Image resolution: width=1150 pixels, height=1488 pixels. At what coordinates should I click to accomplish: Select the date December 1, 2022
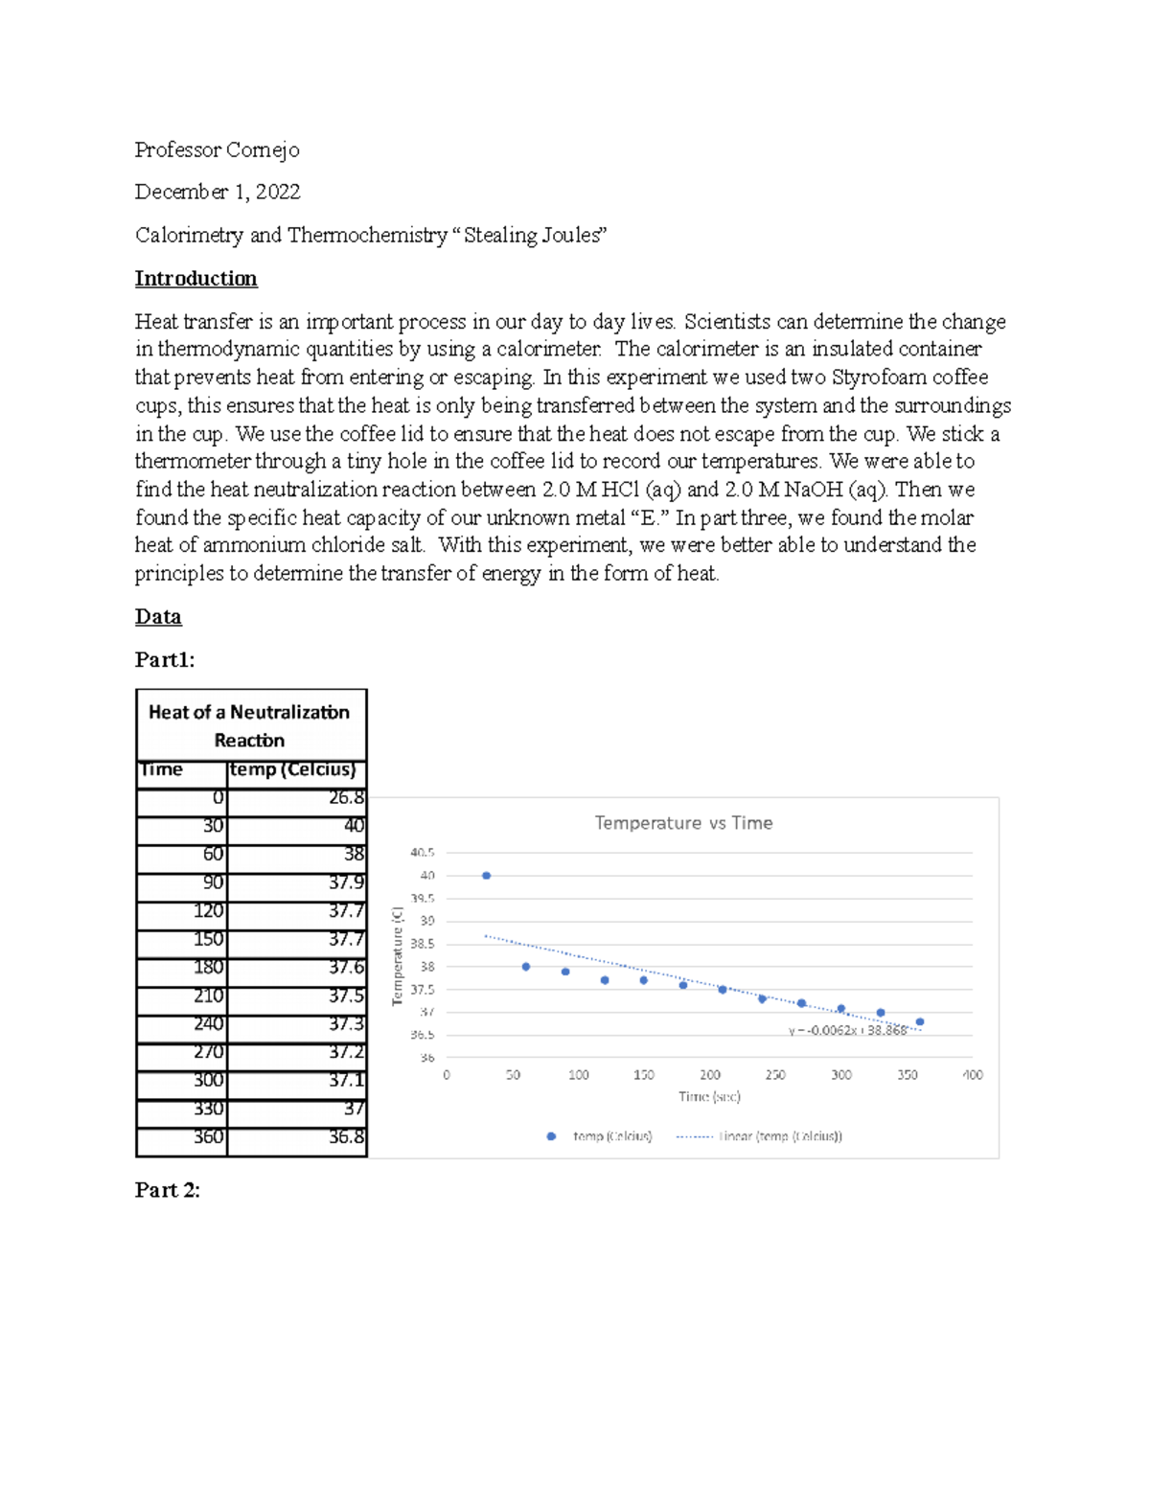tap(218, 192)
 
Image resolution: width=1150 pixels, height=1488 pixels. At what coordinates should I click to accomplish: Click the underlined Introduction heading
tap(195, 279)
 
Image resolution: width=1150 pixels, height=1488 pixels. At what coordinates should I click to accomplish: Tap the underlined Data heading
tap(158, 617)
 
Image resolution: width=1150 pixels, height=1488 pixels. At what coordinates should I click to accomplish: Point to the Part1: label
tap(165, 659)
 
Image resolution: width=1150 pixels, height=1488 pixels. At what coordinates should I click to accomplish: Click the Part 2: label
tap(168, 1190)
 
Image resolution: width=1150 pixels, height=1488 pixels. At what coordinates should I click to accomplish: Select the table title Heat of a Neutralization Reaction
tap(249, 725)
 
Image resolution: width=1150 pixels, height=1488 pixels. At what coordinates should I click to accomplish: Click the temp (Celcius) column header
tap(293, 770)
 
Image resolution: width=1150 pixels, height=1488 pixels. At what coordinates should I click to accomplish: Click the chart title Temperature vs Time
tap(683, 823)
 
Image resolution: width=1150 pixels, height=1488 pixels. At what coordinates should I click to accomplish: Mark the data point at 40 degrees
tap(487, 876)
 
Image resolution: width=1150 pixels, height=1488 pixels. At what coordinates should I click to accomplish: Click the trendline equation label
tap(847, 1031)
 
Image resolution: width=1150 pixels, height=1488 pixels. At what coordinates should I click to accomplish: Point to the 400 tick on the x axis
tap(972, 1075)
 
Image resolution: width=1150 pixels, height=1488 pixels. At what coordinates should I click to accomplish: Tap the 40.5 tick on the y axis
tap(423, 852)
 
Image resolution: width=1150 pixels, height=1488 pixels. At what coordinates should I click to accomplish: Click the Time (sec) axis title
tap(709, 1097)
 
